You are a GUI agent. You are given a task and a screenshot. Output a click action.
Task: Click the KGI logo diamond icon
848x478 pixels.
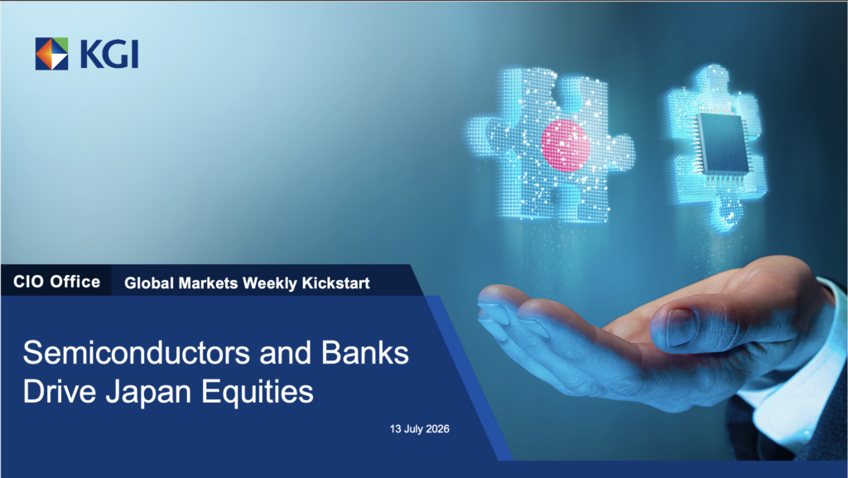pyautogui.click(x=52, y=54)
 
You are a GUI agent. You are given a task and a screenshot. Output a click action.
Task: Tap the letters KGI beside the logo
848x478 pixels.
pyautogui.click(x=109, y=54)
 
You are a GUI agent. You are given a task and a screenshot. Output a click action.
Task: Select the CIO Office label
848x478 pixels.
pyautogui.click(x=57, y=282)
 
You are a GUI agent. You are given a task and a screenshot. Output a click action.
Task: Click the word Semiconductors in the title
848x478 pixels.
pyautogui.click(x=137, y=353)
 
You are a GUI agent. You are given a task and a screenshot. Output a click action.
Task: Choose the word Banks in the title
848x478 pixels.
pyautogui.click(x=365, y=353)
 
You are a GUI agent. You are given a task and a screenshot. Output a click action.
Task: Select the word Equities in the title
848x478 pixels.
pyautogui.click(x=258, y=393)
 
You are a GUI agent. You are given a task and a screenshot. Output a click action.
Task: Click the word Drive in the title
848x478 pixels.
pyautogui.click(x=60, y=392)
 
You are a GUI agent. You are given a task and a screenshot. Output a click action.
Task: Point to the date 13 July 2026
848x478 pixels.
pyautogui.click(x=420, y=429)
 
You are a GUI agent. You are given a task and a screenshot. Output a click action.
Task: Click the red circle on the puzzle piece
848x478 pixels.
pyautogui.click(x=565, y=146)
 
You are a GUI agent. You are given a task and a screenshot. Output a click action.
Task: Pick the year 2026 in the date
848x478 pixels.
pyautogui.click(x=437, y=429)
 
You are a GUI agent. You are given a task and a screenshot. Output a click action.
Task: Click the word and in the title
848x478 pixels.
pyautogui.click(x=286, y=353)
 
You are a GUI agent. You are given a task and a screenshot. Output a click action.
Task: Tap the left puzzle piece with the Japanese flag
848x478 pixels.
pyautogui.click(x=550, y=145)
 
